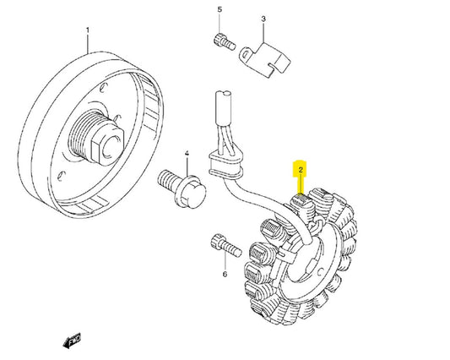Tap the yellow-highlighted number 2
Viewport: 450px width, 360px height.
[x=298, y=170]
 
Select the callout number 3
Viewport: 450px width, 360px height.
[x=263, y=19]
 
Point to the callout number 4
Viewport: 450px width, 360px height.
[x=187, y=155]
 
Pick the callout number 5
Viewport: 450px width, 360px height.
[x=220, y=10]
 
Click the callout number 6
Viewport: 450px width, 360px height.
[x=225, y=275]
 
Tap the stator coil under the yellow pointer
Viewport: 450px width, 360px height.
[x=300, y=202]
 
